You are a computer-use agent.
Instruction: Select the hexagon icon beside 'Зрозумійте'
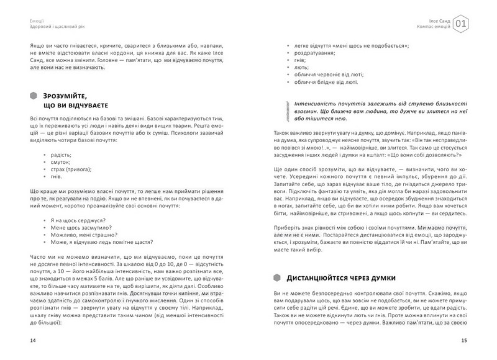pos(33,96)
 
